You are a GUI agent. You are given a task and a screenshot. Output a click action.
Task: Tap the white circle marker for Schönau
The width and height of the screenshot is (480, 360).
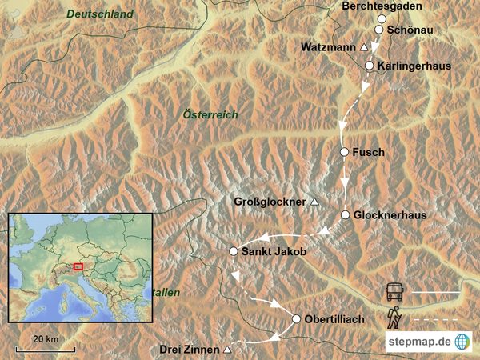click(x=379, y=30)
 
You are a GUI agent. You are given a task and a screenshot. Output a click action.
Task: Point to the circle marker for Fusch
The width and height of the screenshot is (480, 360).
click(x=345, y=152)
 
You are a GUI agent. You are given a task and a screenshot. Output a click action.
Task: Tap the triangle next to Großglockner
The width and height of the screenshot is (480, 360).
click(x=314, y=202)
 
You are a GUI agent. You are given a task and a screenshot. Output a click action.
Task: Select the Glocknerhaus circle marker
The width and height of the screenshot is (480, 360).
click(x=346, y=215)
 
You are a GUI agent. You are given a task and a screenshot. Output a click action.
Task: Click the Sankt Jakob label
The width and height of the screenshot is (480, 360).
click(x=274, y=252)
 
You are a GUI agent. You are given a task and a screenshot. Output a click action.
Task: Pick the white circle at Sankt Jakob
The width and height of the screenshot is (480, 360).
click(x=234, y=251)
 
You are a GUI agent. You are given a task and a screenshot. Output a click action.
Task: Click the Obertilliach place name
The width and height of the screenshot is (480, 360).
click(x=334, y=319)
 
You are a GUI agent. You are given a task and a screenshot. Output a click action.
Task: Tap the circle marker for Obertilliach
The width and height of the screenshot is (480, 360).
click(x=296, y=319)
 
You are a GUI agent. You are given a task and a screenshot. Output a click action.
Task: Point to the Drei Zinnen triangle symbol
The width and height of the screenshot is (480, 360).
click(x=228, y=350)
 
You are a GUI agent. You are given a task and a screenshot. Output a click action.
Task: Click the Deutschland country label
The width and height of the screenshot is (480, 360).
click(x=99, y=14)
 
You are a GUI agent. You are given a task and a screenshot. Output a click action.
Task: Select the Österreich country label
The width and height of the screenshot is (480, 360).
click(x=210, y=115)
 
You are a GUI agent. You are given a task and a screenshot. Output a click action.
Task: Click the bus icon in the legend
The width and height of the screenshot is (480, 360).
click(x=395, y=292)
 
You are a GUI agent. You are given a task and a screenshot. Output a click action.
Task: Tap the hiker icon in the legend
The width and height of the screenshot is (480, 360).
click(x=394, y=318)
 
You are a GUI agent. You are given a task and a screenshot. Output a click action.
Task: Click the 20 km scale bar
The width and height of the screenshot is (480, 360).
click(x=46, y=349)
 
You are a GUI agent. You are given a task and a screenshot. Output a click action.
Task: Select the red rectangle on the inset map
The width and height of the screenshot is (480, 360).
click(x=78, y=266)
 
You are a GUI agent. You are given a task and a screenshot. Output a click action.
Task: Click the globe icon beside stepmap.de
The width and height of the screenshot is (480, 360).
click(x=462, y=342)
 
